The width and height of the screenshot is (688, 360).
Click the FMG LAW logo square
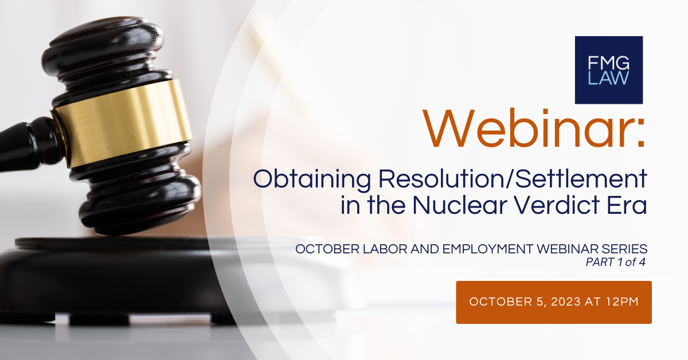click(x=608, y=69)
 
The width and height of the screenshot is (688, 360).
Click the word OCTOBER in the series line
click(x=322, y=249)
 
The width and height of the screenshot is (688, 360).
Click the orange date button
click(x=553, y=302)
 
